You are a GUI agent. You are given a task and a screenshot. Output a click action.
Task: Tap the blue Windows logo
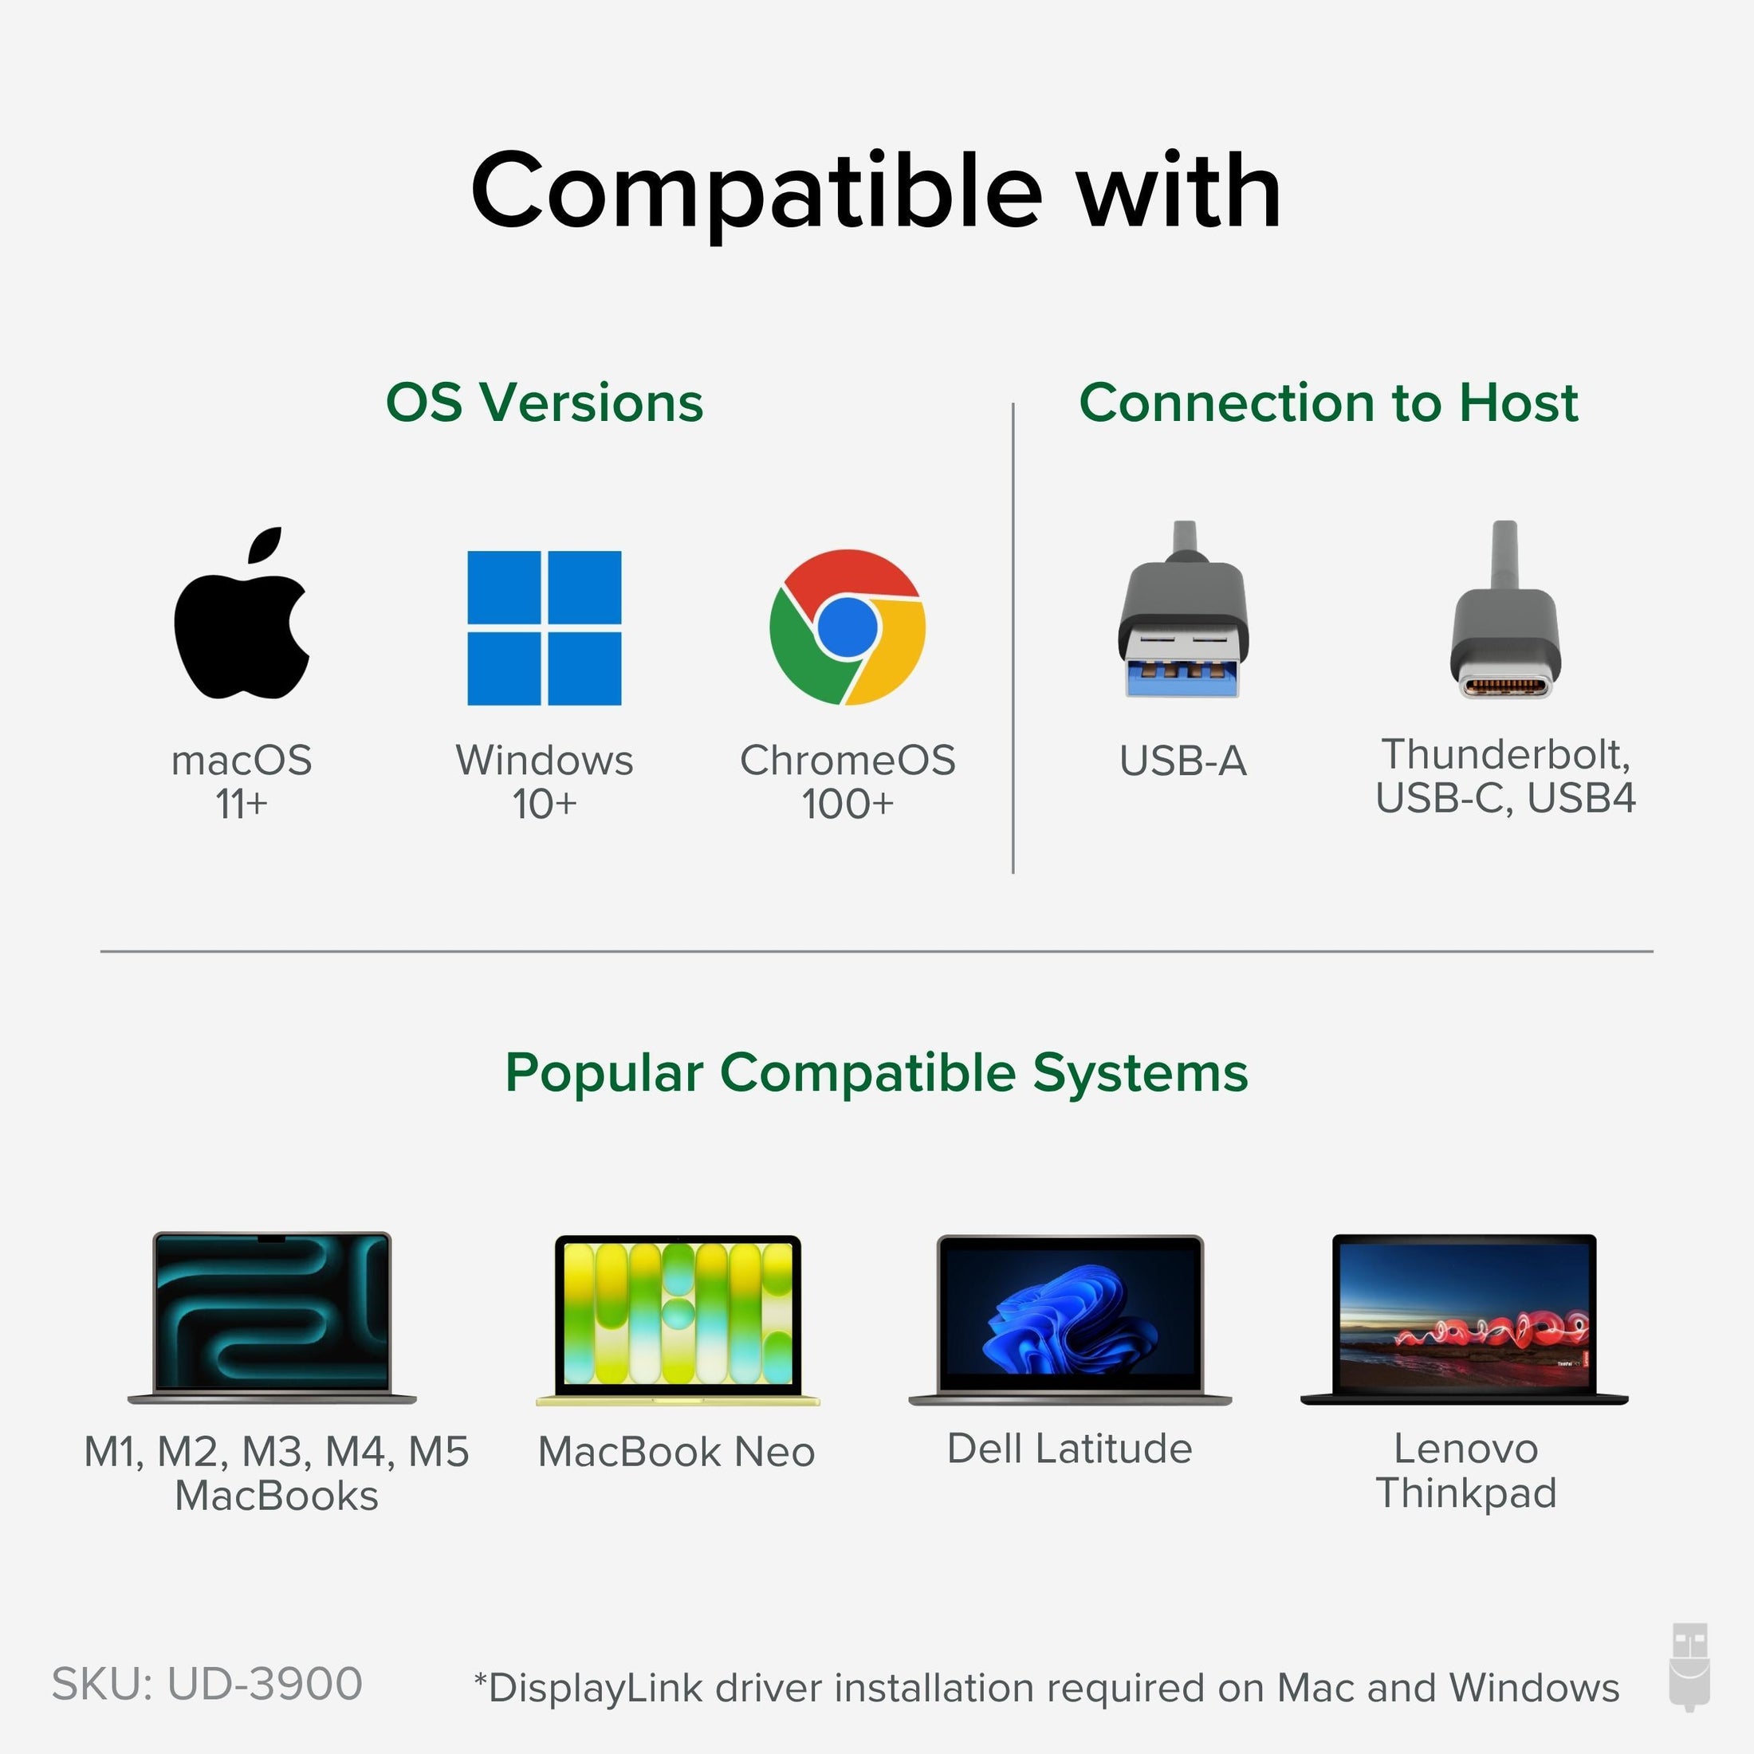point(544,627)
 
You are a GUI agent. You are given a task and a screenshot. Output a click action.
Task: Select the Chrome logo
point(847,627)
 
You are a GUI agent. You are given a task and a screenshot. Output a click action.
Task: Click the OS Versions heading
point(545,402)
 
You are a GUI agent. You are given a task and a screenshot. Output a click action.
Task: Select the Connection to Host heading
point(1328,402)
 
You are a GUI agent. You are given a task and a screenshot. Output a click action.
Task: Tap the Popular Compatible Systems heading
point(876,1073)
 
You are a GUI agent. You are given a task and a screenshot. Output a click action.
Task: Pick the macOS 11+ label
point(242,781)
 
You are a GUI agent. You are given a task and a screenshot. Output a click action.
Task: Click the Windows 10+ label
point(545,781)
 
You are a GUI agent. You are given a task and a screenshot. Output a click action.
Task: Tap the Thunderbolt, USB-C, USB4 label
point(1505,777)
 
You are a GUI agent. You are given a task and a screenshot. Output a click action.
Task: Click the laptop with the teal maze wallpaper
point(273,1317)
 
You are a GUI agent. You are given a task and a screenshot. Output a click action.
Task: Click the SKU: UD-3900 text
point(207,1684)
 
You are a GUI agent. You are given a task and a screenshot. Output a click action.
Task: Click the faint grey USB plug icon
point(1689,1681)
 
